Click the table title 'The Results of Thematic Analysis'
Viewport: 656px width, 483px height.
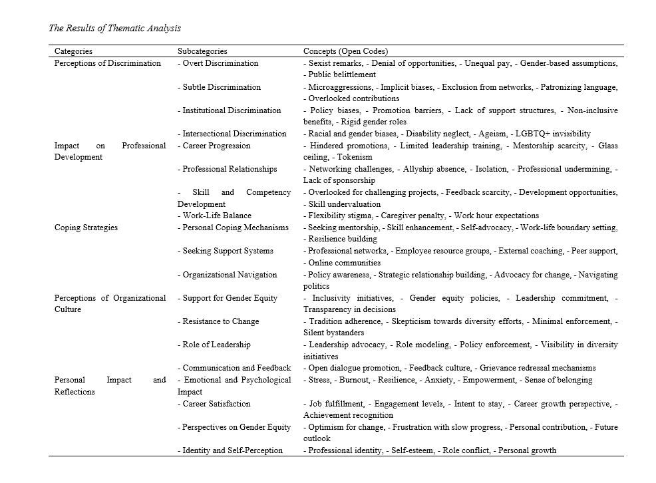coord(115,29)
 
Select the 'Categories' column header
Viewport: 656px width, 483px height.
coord(73,51)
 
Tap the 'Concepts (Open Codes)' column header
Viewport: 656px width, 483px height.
coord(345,51)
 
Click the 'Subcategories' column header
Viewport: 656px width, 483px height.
coord(202,51)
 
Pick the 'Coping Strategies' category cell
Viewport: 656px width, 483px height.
coord(86,228)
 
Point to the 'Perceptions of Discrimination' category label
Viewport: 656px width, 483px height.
coord(108,63)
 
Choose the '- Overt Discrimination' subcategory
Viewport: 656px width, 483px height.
coord(218,63)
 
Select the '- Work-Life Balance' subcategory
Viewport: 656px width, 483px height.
coord(214,216)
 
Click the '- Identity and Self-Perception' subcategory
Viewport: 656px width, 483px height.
coord(230,450)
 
